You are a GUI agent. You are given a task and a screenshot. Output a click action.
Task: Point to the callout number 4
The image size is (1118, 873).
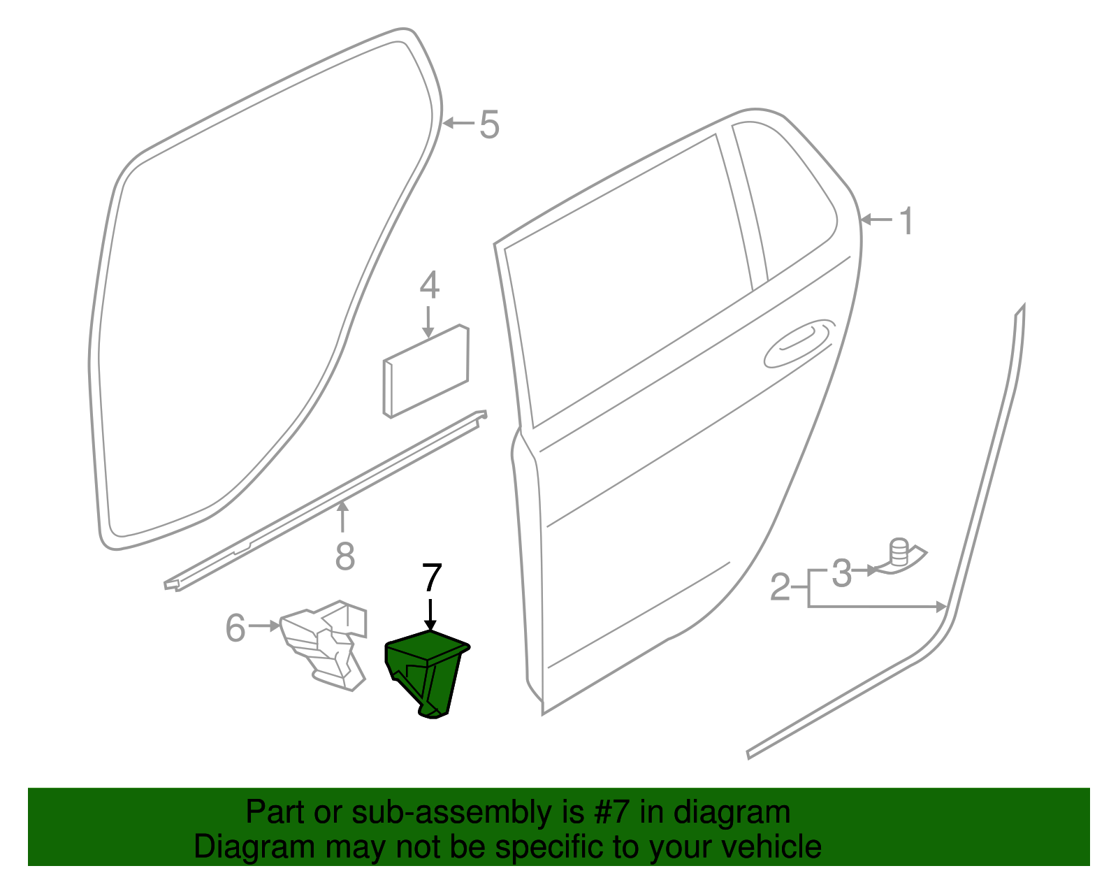[x=429, y=286]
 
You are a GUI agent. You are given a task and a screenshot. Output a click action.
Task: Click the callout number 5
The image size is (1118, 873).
[x=489, y=125]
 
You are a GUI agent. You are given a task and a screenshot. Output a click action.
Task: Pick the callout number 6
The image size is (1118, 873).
[x=235, y=627]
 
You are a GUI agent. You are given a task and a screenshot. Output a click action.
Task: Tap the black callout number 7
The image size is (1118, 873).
[x=432, y=579]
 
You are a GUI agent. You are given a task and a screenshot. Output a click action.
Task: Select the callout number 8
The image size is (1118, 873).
[x=344, y=556]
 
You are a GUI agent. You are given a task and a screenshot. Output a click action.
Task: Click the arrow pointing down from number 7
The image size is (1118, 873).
[x=430, y=615]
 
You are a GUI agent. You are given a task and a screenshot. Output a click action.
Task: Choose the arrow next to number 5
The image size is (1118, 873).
[x=458, y=124]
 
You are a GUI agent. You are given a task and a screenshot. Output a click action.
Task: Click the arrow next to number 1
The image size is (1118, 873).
[x=876, y=220]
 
